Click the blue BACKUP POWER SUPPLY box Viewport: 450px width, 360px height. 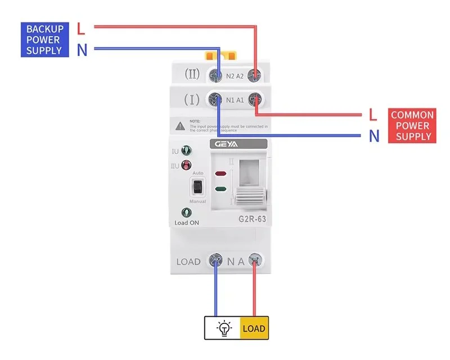click(45, 39)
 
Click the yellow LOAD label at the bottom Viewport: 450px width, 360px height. click(254, 328)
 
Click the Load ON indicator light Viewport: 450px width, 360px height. click(186, 213)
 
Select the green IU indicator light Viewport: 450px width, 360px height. click(186, 151)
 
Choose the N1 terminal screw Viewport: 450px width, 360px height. click(214, 100)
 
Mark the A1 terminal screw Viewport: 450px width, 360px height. click(256, 100)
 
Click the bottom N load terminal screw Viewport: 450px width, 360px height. click(215, 260)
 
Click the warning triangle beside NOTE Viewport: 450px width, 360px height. click(179, 125)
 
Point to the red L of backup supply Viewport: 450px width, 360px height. click(81, 28)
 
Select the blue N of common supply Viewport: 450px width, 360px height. click(373, 136)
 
